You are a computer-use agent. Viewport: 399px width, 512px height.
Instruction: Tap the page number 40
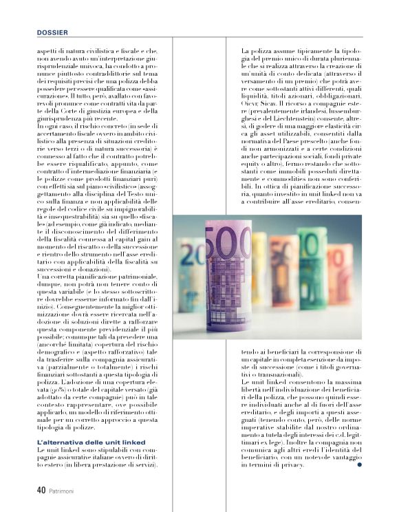coord(41,491)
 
